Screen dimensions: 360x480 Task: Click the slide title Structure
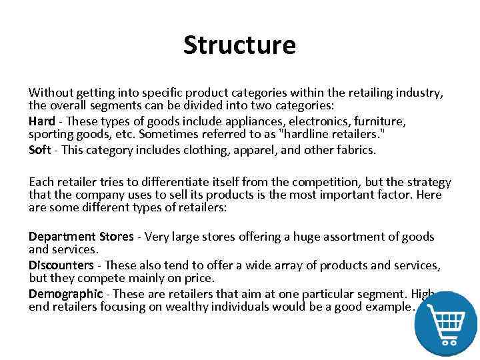(x=239, y=45)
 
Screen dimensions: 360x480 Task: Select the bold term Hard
(x=42, y=121)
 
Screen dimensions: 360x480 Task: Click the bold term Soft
(x=40, y=149)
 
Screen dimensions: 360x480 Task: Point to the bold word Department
(x=61, y=237)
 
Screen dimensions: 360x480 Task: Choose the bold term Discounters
(x=61, y=265)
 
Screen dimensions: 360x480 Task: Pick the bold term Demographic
(x=65, y=293)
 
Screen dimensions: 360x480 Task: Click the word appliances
(x=231, y=121)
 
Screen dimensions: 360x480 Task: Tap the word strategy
(x=426, y=182)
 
